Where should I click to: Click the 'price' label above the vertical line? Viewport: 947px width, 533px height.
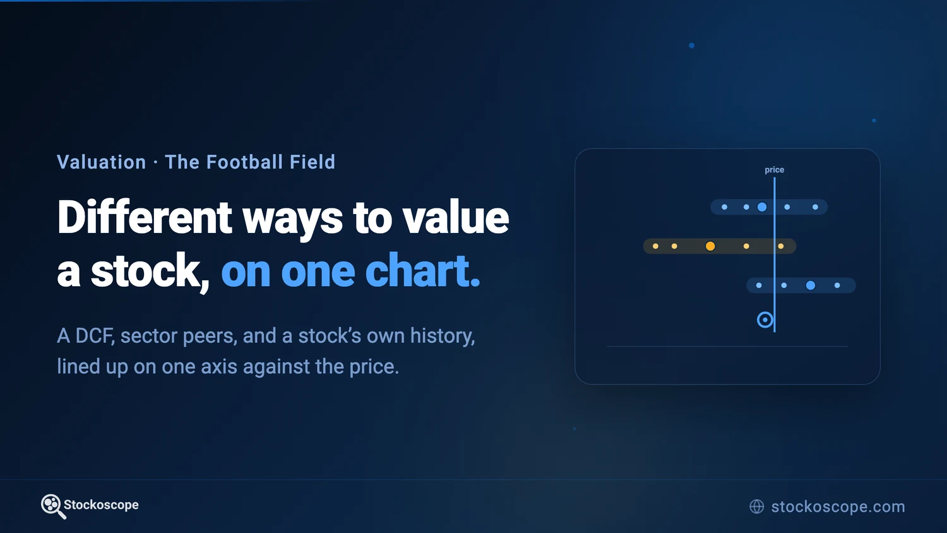[x=774, y=170]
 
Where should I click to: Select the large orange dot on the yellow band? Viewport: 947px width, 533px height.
[x=710, y=246]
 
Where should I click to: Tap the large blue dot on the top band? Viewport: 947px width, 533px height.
[x=762, y=207]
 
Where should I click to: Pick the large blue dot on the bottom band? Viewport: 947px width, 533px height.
[x=811, y=285]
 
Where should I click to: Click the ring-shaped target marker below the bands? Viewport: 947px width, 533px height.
[x=765, y=313]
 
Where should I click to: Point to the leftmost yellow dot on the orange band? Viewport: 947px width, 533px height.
[x=655, y=246]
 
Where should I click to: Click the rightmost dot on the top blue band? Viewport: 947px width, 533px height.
[x=815, y=207]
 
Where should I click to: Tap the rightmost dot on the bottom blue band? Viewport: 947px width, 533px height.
[x=837, y=285]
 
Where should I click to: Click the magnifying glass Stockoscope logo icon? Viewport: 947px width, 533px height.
[x=52, y=506]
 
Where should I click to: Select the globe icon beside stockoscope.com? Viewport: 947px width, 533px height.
[x=757, y=506]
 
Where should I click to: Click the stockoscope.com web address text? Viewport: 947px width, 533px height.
[x=838, y=506]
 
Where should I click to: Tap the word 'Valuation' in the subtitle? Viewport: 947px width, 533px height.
[x=102, y=162]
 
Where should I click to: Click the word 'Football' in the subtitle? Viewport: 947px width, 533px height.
[x=244, y=162]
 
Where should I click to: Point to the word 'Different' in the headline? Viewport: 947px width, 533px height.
[x=145, y=217]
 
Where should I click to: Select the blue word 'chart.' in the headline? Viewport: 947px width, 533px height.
[x=422, y=271]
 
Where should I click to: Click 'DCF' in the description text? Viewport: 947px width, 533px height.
[x=95, y=336]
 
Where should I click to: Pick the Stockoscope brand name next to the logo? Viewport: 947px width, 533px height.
[x=101, y=505]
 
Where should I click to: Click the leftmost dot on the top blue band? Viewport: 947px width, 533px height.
[x=724, y=207]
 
